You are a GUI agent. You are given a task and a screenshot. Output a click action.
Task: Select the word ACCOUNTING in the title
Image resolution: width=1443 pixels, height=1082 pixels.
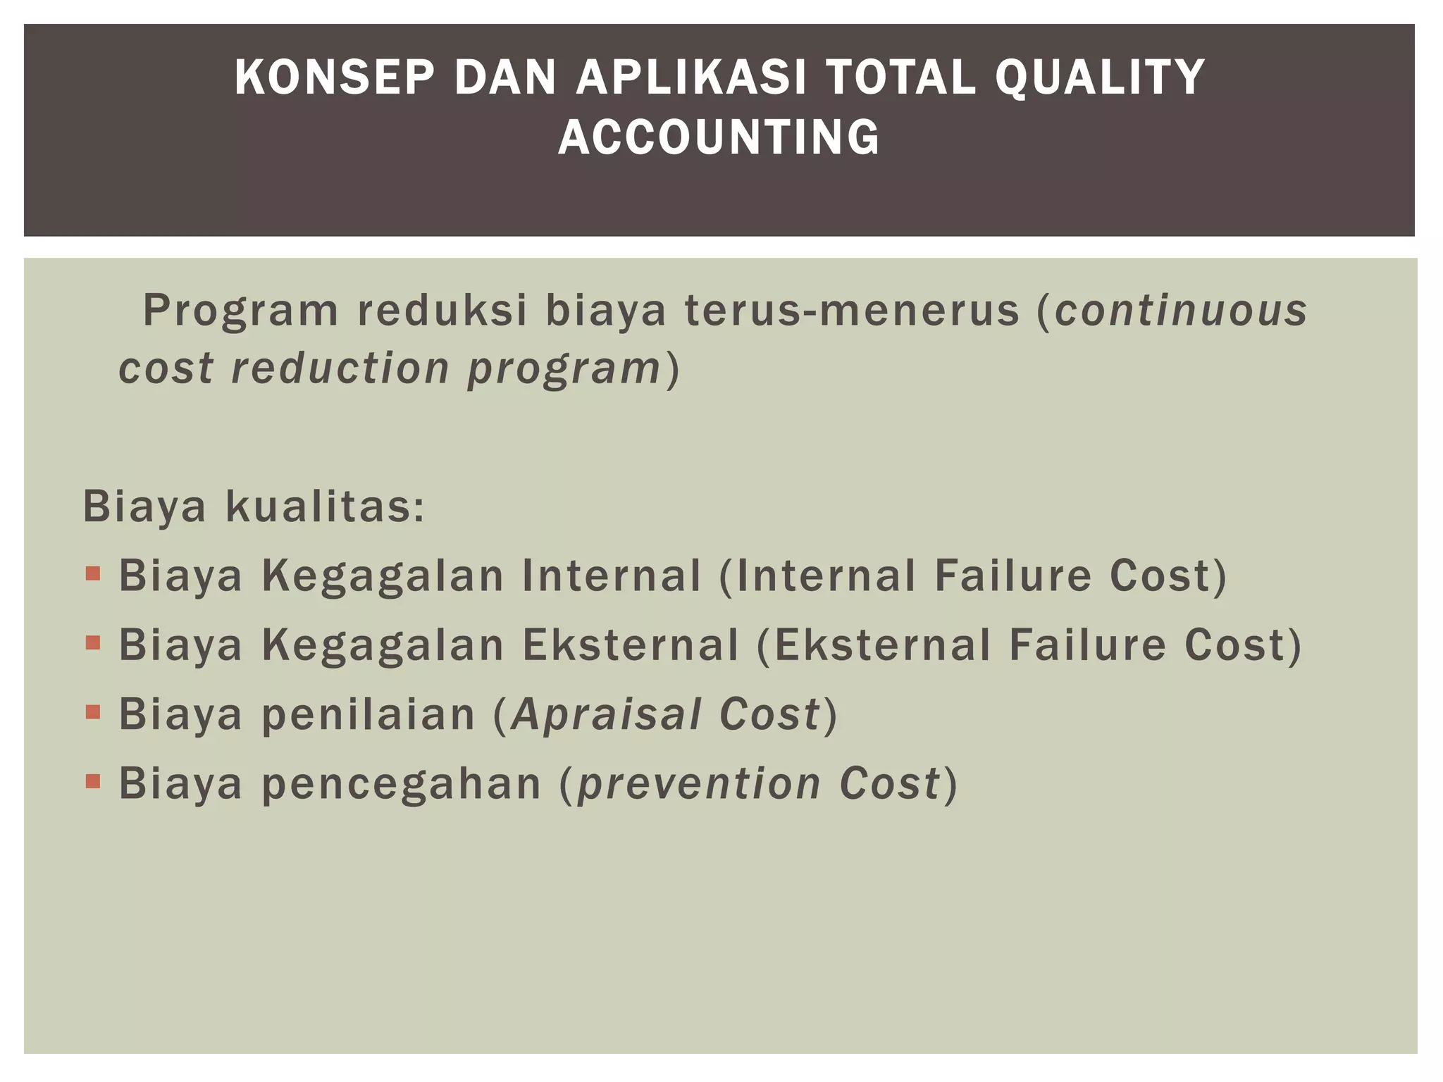(719, 137)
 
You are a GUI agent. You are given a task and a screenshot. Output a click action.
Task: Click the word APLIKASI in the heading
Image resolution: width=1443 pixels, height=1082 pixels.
(690, 77)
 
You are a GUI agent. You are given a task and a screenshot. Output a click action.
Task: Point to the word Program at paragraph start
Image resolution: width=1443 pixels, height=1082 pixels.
(241, 311)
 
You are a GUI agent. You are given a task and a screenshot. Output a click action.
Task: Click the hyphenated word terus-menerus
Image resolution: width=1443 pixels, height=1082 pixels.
(852, 311)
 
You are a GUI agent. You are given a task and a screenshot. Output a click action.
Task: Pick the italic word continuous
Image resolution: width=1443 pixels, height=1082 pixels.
(1181, 311)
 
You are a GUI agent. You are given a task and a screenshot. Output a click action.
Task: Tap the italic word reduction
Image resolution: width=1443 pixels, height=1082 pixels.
(340, 368)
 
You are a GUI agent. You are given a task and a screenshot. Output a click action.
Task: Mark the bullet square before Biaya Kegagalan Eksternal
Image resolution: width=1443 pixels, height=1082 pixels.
(93, 642)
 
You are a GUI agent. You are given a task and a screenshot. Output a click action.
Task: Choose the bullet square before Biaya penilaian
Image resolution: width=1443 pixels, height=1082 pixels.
(93, 711)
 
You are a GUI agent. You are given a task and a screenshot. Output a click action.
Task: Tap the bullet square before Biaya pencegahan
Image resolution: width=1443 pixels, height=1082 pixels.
(93, 781)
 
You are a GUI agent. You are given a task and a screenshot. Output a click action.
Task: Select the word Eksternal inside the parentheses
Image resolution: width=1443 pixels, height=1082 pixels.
(882, 645)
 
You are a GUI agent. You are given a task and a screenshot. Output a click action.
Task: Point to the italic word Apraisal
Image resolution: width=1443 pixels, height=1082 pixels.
(606, 714)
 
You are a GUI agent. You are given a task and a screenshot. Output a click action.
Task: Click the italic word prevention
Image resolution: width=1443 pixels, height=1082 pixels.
(699, 783)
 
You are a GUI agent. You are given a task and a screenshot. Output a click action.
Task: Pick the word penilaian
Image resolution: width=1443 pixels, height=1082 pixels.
(369, 714)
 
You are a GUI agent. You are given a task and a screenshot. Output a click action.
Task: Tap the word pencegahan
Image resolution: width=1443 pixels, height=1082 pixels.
(402, 783)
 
